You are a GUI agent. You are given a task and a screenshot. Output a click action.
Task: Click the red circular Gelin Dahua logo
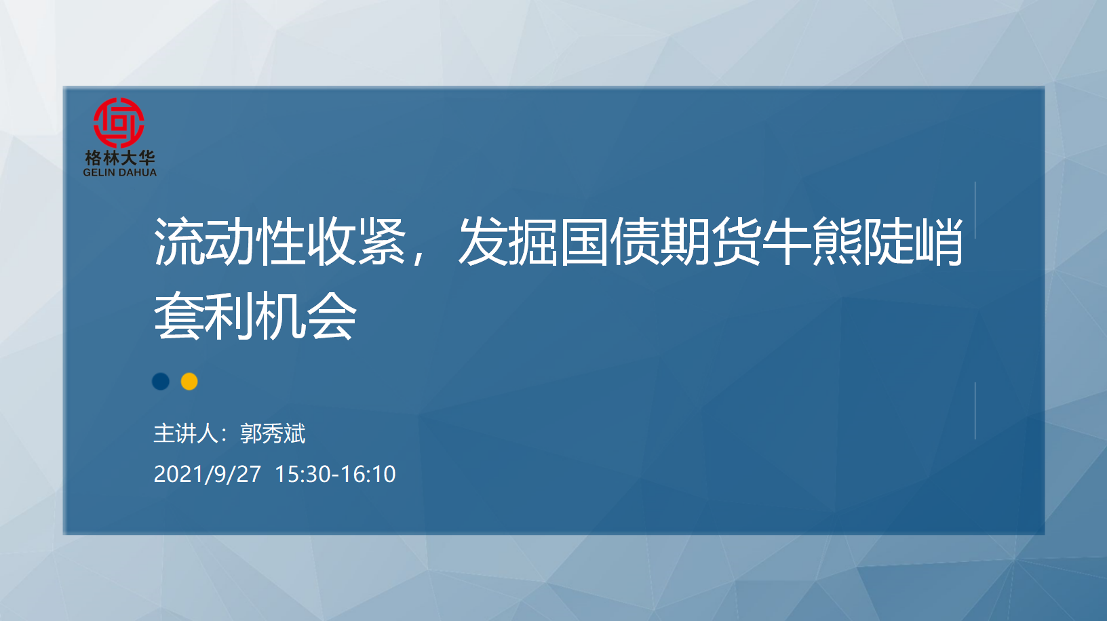pyautogui.click(x=119, y=123)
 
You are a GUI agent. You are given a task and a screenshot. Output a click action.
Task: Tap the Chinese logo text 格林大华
pyautogui.click(x=120, y=158)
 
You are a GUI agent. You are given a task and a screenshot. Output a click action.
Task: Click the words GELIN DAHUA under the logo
pyautogui.click(x=119, y=172)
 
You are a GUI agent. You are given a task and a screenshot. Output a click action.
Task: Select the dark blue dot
pyautogui.click(x=161, y=382)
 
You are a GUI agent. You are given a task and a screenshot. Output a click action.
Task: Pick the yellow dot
pyautogui.click(x=189, y=382)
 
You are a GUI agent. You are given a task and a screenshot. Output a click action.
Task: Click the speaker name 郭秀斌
pyautogui.click(x=273, y=434)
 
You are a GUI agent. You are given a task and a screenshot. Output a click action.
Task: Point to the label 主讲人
pyautogui.click(x=186, y=434)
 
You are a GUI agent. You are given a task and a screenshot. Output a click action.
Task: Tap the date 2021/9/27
pyautogui.click(x=207, y=475)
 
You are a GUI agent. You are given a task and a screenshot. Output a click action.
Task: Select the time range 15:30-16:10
pyautogui.click(x=335, y=475)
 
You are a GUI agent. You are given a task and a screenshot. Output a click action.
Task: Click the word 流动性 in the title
pyautogui.click(x=229, y=241)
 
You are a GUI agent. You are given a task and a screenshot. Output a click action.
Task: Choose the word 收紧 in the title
pyautogui.click(x=356, y=241)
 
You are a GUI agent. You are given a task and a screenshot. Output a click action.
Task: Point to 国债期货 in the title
pyautogui.click(x=660, y=241)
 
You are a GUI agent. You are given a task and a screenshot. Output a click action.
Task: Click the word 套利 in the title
pyautogui.click(x=204, y=315)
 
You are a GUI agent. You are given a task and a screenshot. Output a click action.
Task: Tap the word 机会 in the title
pyautogui.click(x=305, y=315)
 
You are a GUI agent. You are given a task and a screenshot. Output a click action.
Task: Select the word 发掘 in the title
pyautogui.click(x=508, y=241)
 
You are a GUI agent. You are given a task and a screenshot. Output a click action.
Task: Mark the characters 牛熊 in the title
pyautogui.click(x=812, y=241)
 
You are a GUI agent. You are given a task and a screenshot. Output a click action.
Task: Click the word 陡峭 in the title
pyautogui.click(x=913, y=241)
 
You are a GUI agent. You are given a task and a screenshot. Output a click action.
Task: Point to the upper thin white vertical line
pyautogui.click(x=975, y=210)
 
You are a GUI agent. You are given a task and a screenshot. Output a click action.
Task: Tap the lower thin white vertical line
pyautogui.click(x=975, y=411)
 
